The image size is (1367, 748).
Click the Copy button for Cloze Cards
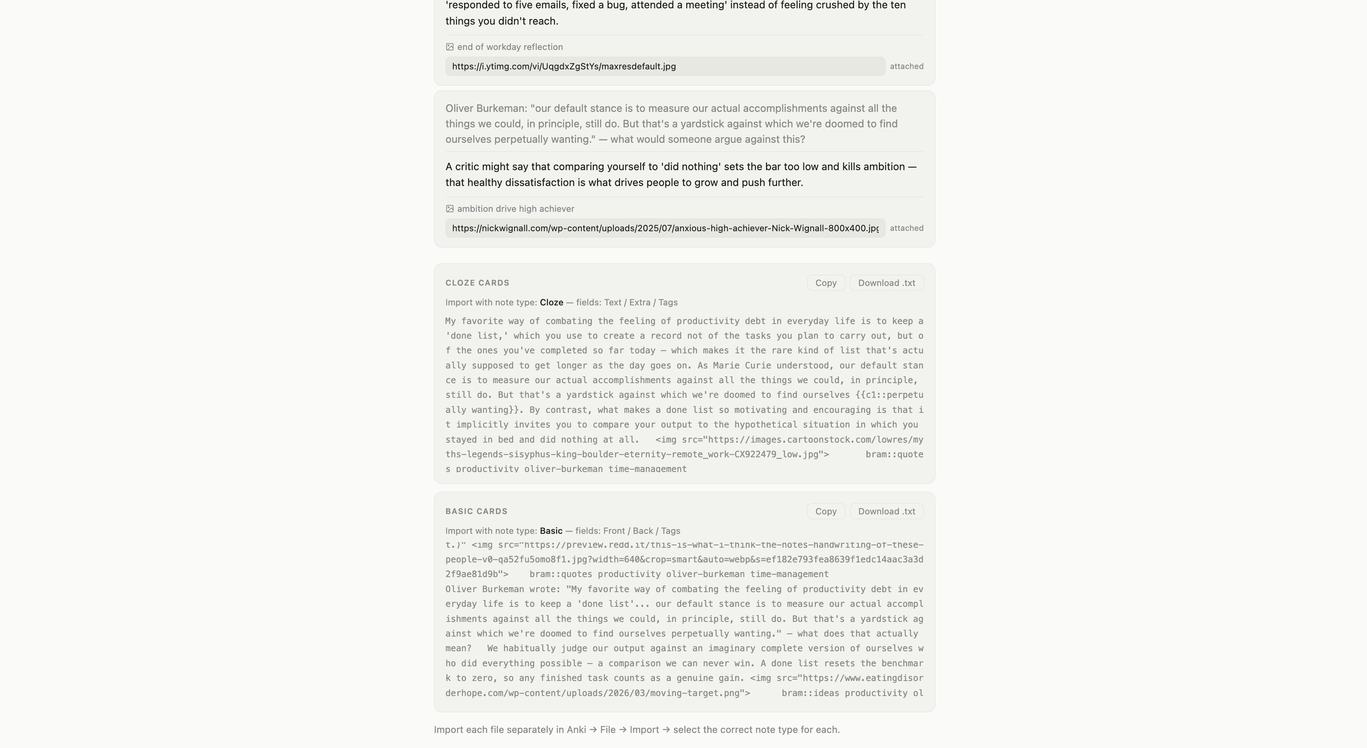click(x=826, y=283)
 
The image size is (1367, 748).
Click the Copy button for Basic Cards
click(x=826, y=511)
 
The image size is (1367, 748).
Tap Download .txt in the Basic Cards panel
click(x=886, y=511)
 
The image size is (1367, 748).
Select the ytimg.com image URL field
click(x=664, y=66)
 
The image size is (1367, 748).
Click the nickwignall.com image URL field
click(x=664, y=228)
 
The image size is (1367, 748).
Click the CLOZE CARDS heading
click(x=477, y=283)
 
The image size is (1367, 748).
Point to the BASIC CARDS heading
click(x=476, y=511)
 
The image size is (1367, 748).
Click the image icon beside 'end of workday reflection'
click(x=449, y=47)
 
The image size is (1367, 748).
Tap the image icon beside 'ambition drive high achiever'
click(x=449, y=209)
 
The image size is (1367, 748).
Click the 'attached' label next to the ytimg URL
click(x=906, y=66)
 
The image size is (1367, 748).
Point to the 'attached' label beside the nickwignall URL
click(x=906, y=228)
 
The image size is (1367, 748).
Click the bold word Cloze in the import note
click(x=551, y=302)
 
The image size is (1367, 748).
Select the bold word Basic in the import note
click(x=551, y=531)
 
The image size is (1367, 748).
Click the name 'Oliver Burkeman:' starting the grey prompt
click(x=486, y=108)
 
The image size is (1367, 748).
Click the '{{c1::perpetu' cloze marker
click(x=889, y=395)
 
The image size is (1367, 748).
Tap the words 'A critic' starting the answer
click(x=462, y=167)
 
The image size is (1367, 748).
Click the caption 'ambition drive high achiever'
click(x=515, y=209)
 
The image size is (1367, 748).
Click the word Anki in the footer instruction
click(x=576, y=730)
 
